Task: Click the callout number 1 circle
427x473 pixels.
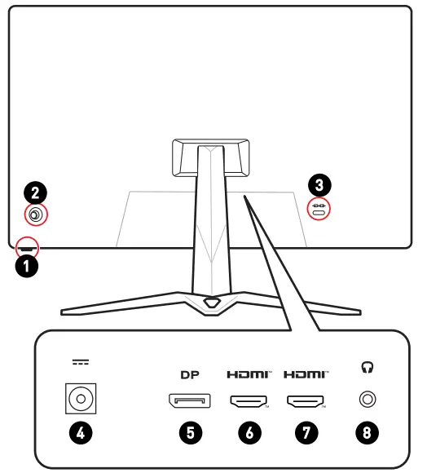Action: pos(27,266)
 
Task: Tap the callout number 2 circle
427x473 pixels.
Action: pos(35,193)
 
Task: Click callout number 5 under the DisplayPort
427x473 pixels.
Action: pos(189,433)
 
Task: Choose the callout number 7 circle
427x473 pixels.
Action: pos(306,433)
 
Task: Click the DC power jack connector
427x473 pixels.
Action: pos(81,400)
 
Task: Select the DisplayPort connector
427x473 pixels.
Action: pos(189,400)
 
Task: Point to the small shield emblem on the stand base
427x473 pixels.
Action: pos(212,301)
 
